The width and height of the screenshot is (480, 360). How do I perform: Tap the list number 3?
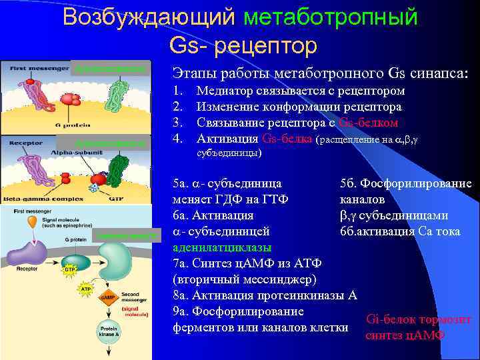(x=177, y=123)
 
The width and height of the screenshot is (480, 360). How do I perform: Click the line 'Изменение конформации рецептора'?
(x=299, y=107)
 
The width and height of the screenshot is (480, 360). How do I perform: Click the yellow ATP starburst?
(x=85, y=289)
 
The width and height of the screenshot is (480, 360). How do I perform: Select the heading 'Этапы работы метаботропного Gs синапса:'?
(x=320, y=71)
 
